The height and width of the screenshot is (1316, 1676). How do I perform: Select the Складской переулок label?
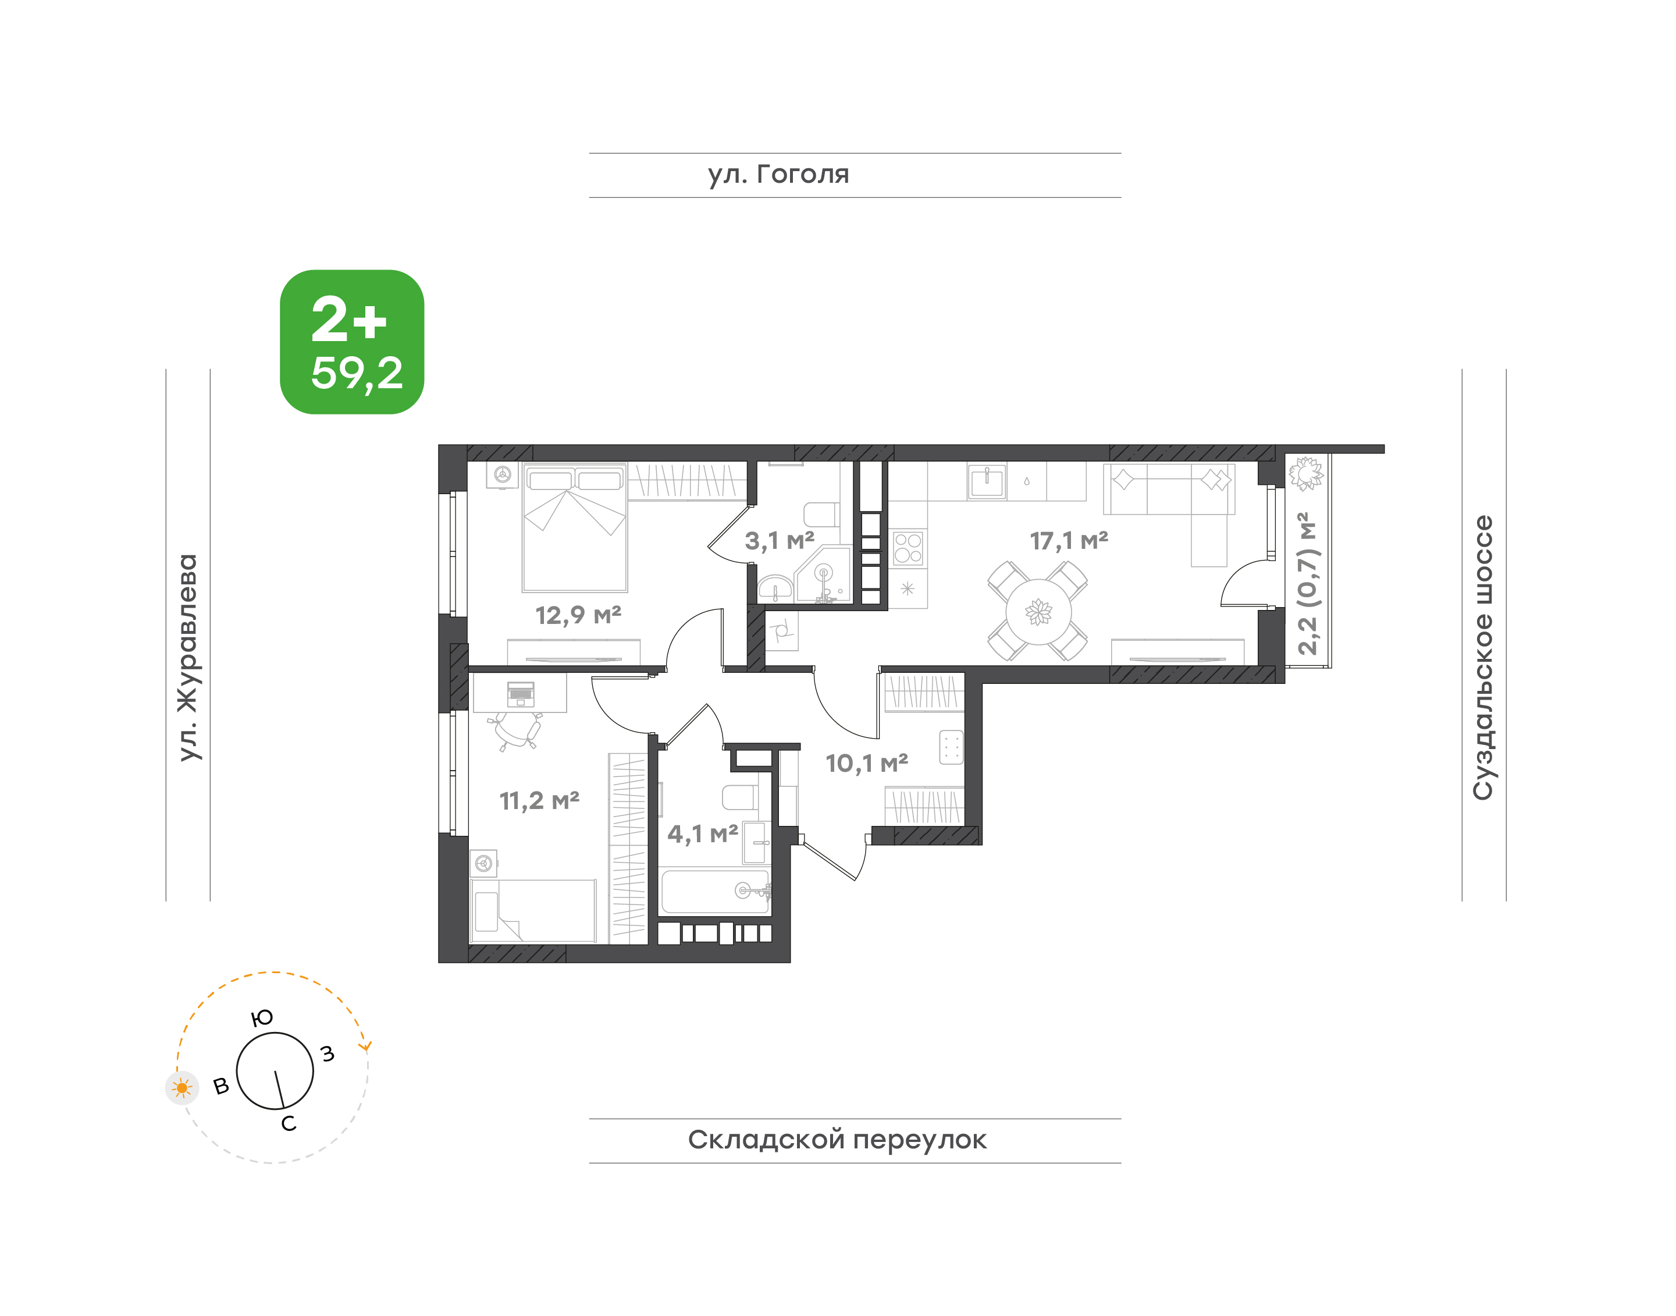click(x=837, y=1140)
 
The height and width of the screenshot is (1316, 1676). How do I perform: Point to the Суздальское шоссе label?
click(x=1483, y=657)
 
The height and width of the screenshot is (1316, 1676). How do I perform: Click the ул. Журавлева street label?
click(x=188, y=657)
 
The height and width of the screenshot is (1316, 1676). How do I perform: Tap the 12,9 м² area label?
click(x=578, y=615)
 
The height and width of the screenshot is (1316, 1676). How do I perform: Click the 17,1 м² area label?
click(x=1069, y=541)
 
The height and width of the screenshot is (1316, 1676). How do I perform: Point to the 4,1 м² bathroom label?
click(x=702, y=833)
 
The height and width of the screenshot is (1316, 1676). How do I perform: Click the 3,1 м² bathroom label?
click(x=779, y=540)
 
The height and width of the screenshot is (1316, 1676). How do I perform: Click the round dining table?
click(x=1038, y=612)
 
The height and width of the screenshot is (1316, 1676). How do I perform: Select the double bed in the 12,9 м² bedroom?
click(x=575, y=527)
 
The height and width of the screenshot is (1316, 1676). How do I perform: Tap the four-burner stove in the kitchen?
click(x=908, y=548)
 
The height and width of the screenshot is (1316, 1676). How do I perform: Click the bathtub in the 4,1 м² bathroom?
click(x=716, y=892)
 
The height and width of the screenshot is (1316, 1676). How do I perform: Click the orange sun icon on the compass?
click(x=182, y=1088)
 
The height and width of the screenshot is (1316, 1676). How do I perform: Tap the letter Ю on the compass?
click(x=262, y=1018)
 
